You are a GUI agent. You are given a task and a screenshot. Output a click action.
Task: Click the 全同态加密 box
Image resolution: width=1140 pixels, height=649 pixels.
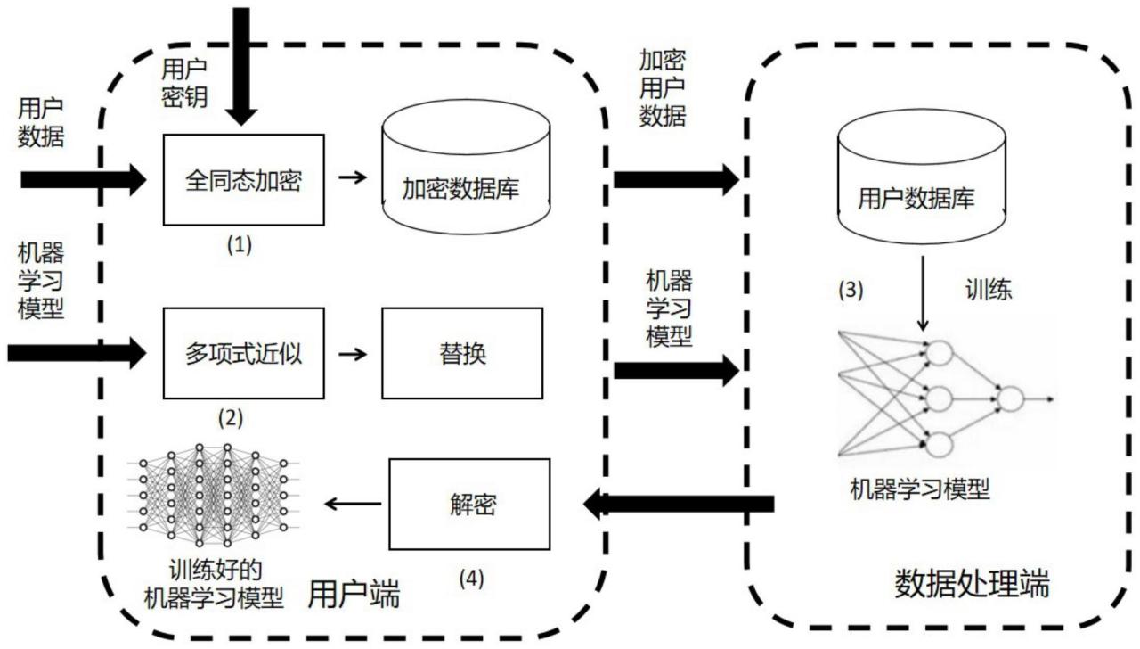(x=244, y=180)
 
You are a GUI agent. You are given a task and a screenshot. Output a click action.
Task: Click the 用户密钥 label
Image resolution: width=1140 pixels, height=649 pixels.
(x=185, y=82)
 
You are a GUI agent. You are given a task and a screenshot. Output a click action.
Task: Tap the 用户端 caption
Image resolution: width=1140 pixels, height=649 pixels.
(x=353, y=592)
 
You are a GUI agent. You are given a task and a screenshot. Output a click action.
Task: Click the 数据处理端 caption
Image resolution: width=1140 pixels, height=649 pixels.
(x=972, y=585)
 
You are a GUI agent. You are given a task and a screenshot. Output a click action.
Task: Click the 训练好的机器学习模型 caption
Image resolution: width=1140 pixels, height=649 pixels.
(x=214, y=584)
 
